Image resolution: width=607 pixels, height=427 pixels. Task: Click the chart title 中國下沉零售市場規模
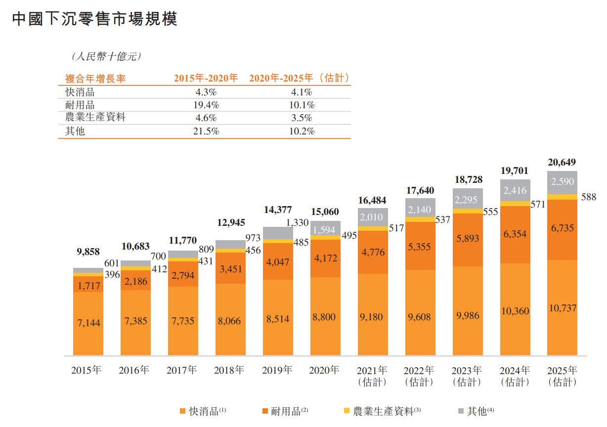94,19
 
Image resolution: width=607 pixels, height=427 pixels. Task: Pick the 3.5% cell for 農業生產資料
301,118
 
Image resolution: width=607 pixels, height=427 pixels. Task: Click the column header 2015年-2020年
206,78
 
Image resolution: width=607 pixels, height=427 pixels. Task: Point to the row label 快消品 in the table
80,92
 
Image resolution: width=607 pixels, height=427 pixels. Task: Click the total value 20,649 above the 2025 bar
562,163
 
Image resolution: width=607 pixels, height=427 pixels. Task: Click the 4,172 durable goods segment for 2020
325,257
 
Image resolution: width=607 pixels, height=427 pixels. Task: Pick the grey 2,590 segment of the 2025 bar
562,182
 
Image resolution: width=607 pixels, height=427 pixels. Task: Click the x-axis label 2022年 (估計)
419,376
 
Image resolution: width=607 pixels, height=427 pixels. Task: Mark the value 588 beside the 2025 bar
588,197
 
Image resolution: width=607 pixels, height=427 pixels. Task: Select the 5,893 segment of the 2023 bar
467,238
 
